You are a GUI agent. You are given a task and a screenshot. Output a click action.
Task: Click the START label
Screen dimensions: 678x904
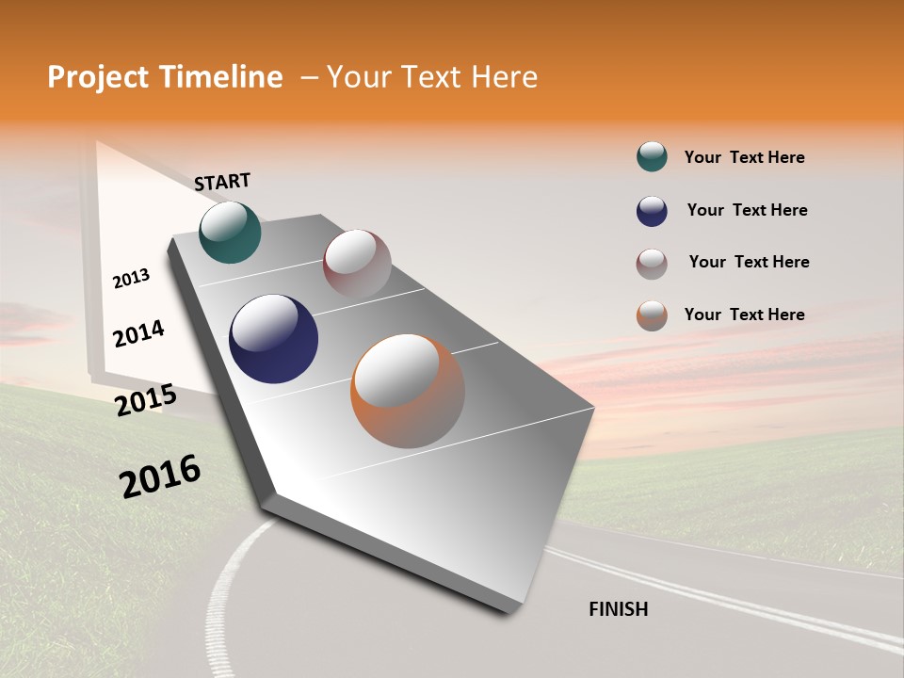point(222,182)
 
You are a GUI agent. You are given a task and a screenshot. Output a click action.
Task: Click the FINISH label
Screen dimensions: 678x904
point(619,609)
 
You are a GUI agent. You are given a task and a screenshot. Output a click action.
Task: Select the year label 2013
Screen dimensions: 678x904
point(131,279)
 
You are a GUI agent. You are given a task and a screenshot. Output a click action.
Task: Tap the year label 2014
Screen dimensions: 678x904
point(138,333)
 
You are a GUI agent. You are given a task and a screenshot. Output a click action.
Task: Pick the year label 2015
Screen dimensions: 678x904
point(145,400)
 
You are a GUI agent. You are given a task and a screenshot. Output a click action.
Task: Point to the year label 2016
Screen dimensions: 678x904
point(160,476)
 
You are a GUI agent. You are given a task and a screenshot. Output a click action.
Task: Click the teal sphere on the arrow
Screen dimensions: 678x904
point(230,232)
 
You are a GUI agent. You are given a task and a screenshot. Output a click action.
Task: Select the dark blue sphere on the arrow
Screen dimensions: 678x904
point(273,339)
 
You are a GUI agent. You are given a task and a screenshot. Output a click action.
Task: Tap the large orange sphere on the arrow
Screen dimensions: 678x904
point(407,391)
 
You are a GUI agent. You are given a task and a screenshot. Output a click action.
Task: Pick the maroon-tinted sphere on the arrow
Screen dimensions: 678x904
point(357,264)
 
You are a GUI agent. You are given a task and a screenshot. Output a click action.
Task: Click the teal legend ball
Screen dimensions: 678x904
point(652,157)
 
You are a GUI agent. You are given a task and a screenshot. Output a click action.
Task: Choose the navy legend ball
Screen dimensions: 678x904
point(652,211)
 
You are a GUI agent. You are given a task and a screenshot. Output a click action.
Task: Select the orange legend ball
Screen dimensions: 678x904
point(652,315)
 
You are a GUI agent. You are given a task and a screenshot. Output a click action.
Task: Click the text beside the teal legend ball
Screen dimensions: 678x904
point(744,157)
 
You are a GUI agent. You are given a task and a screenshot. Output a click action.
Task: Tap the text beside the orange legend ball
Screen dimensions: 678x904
point(744,315)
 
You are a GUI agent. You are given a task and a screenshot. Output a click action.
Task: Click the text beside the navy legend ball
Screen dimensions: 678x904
point(747,210)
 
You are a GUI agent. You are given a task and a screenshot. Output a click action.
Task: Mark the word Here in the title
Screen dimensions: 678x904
point(504,77)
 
